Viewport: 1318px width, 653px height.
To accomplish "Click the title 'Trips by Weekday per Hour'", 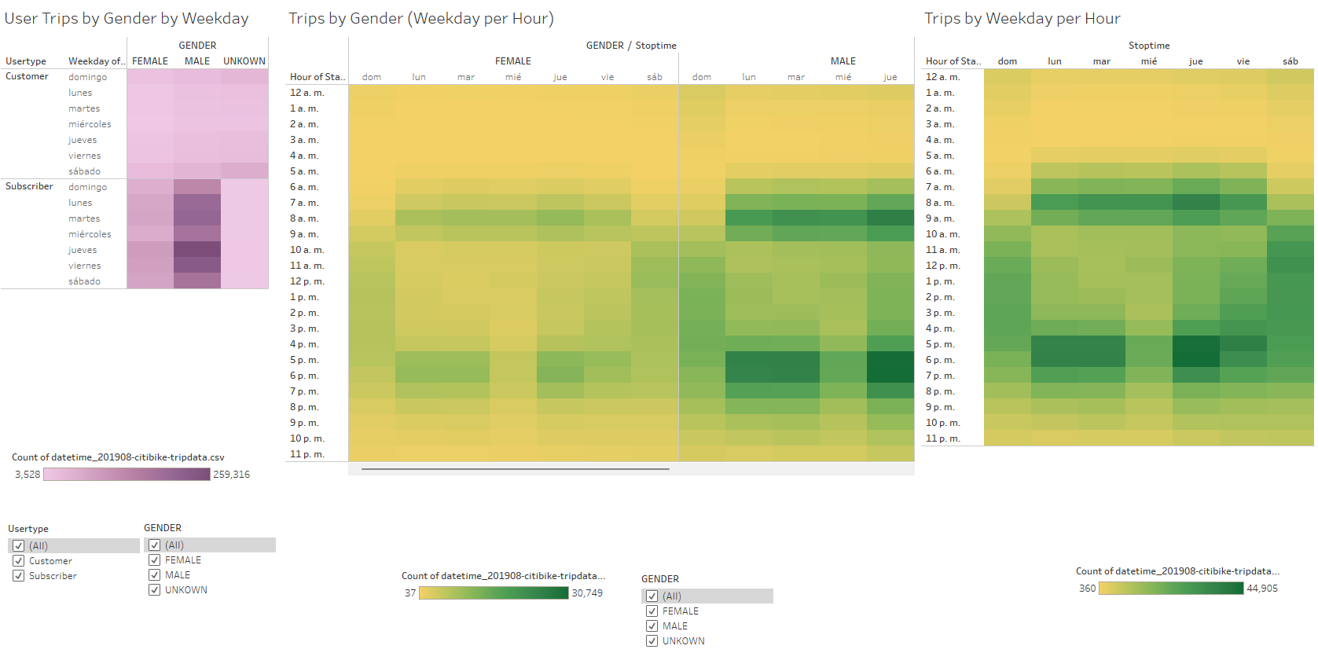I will click(x=1022, y=19).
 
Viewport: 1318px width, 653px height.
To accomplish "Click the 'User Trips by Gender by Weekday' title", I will click(x=127, y=19).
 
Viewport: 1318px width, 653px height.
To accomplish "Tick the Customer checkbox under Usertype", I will click(x=19, y=561).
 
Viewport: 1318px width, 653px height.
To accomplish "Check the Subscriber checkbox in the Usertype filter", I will click(x=19, y=576).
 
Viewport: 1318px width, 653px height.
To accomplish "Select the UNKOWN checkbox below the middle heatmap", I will click(x=652, y=641).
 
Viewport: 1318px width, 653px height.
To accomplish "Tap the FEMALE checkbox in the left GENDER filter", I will click(x=155, y=560).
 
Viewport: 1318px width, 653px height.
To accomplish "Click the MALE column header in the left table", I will click(x=197, y=61).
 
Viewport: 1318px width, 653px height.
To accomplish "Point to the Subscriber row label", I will click(x=29, y=187).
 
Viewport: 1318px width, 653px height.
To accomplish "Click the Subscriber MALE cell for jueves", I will click(x=197, y=250).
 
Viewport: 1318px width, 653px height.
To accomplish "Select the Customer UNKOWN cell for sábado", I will click(x=244, y=171).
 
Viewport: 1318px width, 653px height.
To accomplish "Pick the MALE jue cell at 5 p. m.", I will click(x=890, y=360).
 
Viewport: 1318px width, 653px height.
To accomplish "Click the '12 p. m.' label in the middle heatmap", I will click(x=307, y=281).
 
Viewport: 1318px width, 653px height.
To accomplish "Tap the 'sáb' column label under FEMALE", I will click(x=655, y=77).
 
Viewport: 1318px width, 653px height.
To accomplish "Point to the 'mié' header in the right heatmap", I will click(x=1149, y=61).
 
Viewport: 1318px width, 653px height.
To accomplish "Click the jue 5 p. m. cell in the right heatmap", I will click(x=1196, y=344).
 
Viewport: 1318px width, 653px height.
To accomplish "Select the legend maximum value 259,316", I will click(x=231, y=475).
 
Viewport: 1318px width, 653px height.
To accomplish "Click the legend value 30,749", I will click(x=587, y=593).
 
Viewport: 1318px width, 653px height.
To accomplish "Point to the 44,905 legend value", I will click(x=1262, y=589).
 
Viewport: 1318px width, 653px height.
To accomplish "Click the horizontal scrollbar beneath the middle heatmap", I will click(x=515, y=469).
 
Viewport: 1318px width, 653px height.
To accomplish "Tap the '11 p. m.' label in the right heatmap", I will click(x=942, y=438).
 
